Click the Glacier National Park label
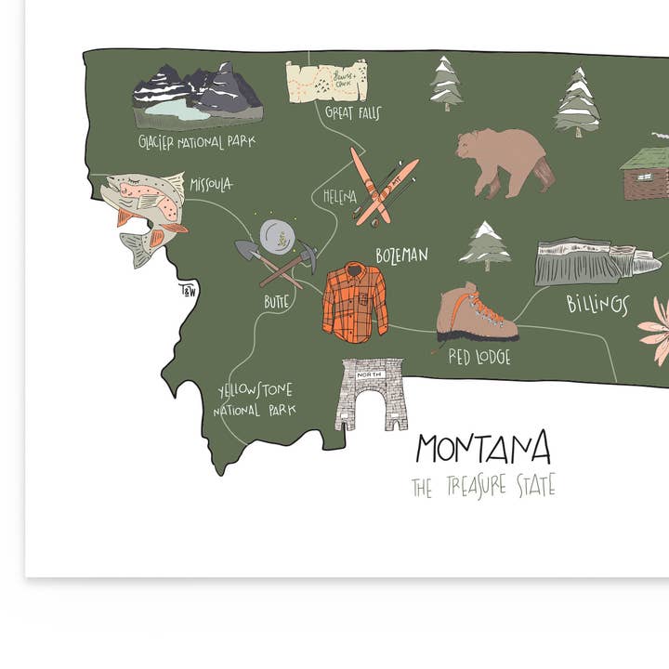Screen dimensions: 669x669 [x=196, y=141]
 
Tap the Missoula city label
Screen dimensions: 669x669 [x=211, y=184]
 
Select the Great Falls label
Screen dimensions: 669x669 [x=353, y=113]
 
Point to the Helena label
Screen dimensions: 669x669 [x=339, y=196]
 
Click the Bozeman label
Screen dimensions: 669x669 [x=401, y=255]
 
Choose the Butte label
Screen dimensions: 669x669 [x=276, y=301]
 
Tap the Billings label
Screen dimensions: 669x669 [x=597, y=304]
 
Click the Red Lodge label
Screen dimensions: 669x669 [x=479, y=356]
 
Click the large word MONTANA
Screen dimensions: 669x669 [x=482, y=449]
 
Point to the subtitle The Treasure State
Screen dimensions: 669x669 [x=483, y=486]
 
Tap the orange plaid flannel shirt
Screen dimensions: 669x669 [x=354, y=301]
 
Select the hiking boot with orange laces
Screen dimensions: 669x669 [x=474, y=313]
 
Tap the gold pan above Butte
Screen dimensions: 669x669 [x=276, y=236]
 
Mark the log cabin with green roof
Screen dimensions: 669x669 [x=646, y=172]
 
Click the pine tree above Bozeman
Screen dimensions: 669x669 [x=485, y=245]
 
